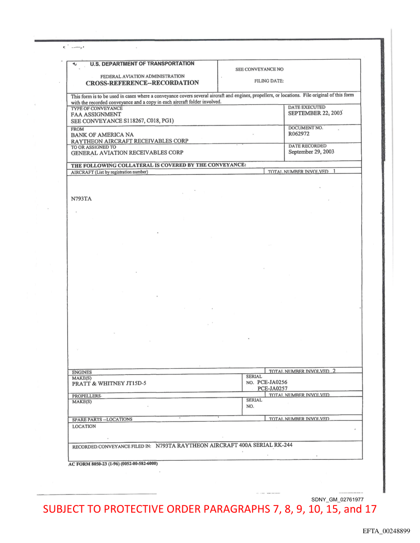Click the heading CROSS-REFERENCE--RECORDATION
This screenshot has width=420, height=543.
(x=142, y=82)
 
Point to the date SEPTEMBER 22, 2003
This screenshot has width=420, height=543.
(x=315, y=113)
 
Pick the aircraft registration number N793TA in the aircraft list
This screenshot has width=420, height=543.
(x=81, y=198)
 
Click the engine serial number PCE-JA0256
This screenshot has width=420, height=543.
(x=272, y=382)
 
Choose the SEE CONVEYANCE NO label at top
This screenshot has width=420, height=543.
(x=259, y=69)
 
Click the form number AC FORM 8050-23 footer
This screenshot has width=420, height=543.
(x=113, y=463)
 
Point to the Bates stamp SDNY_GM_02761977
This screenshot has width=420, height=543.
(x=338, y=499)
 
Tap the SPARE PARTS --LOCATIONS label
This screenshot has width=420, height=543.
(x=102, y=419)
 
